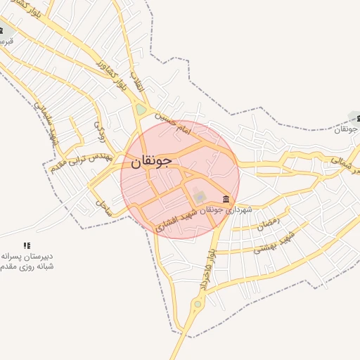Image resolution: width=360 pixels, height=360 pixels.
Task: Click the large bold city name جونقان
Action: [151, 162]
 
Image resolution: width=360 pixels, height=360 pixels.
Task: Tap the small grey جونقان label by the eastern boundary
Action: [347, 129]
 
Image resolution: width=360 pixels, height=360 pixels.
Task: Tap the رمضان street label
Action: [269, 225]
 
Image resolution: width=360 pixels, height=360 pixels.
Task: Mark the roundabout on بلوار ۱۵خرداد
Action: [198, 304]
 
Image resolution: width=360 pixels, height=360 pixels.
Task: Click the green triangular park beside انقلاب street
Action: [141, 110]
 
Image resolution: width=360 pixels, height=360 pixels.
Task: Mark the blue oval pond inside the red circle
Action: [198, 195]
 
